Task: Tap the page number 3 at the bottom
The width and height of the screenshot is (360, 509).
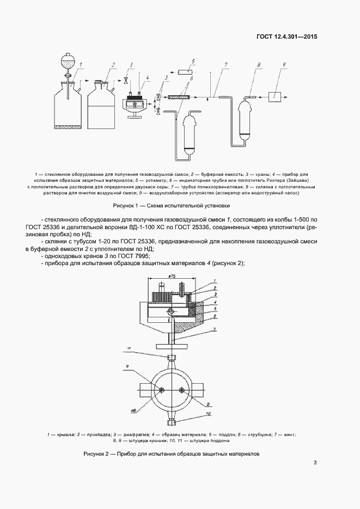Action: pyautogui.click(x=315, y=463)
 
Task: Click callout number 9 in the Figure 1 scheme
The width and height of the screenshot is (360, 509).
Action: pyautogui.click(x=284, y=65)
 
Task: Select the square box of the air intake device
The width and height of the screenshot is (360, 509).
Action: pyautogui.click(x=276, y=96)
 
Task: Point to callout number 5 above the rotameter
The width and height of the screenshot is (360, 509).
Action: pyautogui.click(x=193, y=61)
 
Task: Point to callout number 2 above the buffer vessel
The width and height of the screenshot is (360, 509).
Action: pyautogui.click(x=113, y=65)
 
